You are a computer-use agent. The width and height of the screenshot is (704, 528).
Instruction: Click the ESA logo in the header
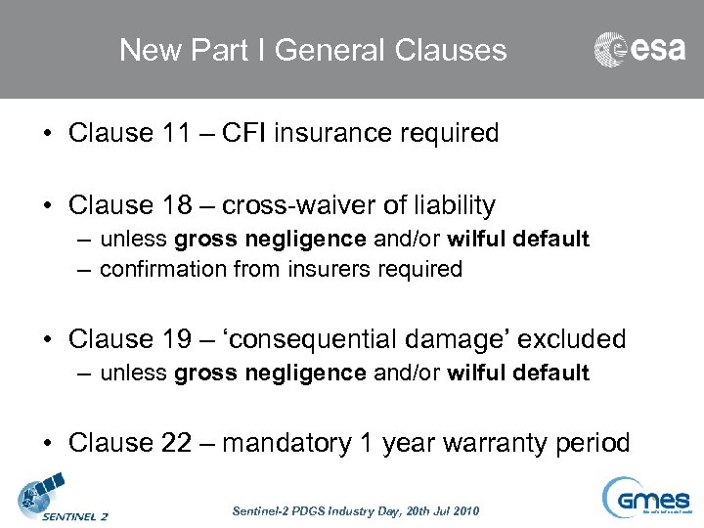tap(639, 49)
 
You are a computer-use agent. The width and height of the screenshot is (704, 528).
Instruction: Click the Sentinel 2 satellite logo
tap(63, 497)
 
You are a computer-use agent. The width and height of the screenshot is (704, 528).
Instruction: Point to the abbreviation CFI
tap(247, 133)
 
